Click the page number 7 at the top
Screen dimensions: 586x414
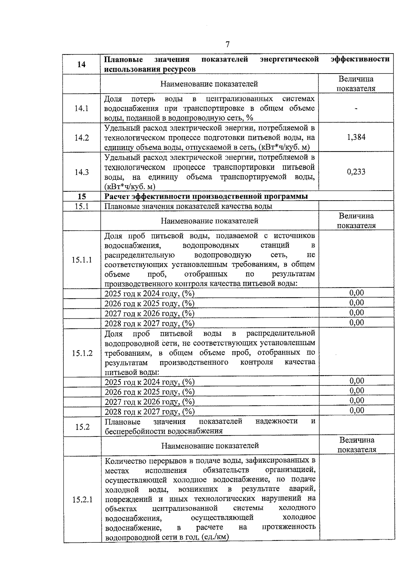pos(227,44)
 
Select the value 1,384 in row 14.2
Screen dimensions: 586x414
pos(356,137)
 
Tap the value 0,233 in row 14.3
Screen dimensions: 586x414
pos(356,172)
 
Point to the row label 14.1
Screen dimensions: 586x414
pos(81,108)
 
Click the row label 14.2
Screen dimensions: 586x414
pos(81,137)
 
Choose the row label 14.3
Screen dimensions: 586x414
pos(81,172)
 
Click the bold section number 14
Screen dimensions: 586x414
pos(81,64)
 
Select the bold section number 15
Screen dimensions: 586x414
pos(82,196)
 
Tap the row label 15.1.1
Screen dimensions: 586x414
pos(82,260)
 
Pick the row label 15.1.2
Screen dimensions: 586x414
pos(82,353)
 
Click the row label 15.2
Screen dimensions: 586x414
pos(82,427)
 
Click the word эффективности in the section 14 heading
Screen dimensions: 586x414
pos(360,59)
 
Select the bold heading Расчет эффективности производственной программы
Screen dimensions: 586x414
pos(206,196)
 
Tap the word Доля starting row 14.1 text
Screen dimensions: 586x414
pos(113,99)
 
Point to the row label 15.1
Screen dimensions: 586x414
pos(82,206)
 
